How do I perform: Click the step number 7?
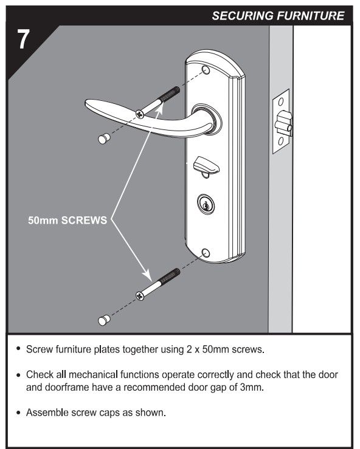tap(23, 41)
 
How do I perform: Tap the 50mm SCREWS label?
tap(67, 221)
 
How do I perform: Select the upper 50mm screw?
tap(159, 101)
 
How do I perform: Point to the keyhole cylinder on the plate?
tap(206, 204)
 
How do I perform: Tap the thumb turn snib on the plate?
tap(201, 165)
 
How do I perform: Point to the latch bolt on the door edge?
tap(283, 126)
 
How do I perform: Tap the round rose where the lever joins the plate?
tap(205, 118)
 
